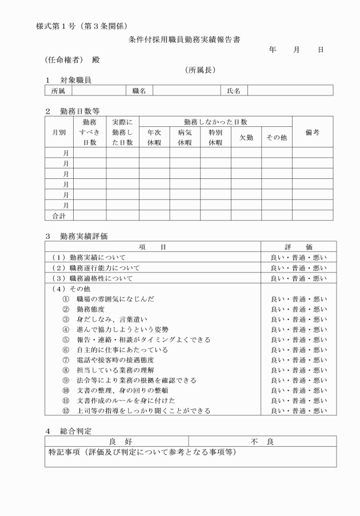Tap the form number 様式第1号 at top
point(57,26)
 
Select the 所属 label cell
point(58,90)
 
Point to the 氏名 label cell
point(234,90)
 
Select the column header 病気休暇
point(185,137)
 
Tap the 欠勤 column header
point(246,137)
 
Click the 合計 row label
point(59,215)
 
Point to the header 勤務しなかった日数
point(215,122)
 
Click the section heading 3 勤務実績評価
point(77,235)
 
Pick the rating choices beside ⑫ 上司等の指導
point(298,410)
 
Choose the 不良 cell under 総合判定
point(262,441)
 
